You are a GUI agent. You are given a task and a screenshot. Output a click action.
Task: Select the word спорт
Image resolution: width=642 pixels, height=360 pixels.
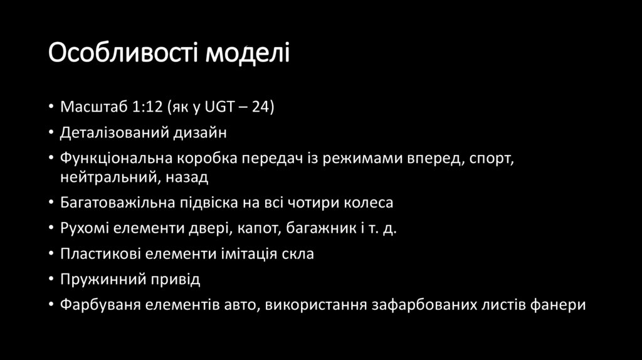(492, 159)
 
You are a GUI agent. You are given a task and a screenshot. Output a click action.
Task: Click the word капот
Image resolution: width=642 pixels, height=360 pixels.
(256, 229)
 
